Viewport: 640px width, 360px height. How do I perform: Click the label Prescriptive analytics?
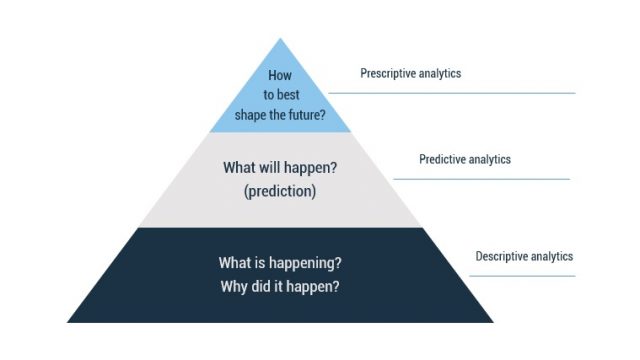point(411,73)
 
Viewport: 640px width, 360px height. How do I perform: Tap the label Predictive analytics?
point(465,159)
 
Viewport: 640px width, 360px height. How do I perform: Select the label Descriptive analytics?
point(524,256)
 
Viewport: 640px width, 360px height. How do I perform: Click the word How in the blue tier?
point(280,75)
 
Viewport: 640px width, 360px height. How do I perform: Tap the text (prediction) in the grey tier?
point(280,191)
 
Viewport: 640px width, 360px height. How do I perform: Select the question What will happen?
point(280,168)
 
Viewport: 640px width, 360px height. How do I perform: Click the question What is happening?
point(280,263)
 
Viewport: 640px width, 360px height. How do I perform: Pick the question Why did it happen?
point(280,287)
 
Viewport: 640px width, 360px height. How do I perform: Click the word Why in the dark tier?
point(235,287)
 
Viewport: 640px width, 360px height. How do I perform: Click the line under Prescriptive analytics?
point(450,93)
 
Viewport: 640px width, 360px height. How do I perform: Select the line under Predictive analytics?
point(481,179)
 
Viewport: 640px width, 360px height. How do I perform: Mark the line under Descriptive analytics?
point(524,276)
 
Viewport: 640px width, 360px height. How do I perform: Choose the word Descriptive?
point(502,256)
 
